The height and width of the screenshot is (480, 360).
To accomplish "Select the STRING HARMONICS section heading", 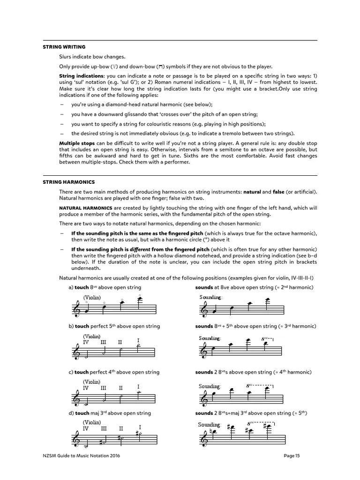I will coord(68,182).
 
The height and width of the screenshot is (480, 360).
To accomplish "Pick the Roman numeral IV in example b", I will coord(86,342).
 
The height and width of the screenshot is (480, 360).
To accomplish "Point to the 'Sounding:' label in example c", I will coord(209,386).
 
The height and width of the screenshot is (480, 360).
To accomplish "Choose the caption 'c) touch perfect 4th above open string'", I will coord(114,372).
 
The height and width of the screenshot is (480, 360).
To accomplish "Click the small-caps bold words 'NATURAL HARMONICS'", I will coord(86,208).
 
